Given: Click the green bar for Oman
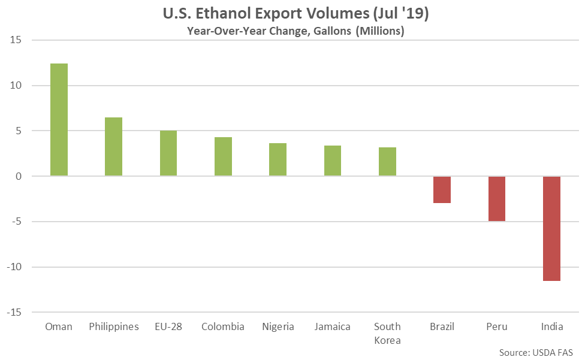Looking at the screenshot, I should pos(59,120).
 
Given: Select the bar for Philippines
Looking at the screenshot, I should pos(113,147).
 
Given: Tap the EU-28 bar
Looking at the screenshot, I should pos(168,153).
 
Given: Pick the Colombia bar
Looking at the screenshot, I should pos(223,156).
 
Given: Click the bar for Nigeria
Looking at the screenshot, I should pos(278,159).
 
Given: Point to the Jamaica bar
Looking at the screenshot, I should pos(333,161).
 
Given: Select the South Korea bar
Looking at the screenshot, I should pos(387,161).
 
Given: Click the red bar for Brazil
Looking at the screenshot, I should pos(442,190).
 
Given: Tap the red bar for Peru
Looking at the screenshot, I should pos(496,199).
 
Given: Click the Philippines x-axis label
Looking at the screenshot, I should pos(113,326).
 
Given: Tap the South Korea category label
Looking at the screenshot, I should pos(387,333).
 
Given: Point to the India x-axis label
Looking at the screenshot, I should pos(551,326).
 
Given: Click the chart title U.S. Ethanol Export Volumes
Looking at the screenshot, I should pos(292,13).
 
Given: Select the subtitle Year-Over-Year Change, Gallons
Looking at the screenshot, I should pos(292,31).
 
